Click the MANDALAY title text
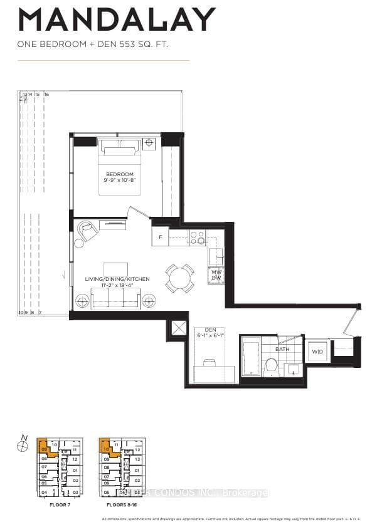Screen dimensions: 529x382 tap(117, 20)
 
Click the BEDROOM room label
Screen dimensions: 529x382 tap(119, 174)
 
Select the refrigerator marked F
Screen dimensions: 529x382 tap(160, 236)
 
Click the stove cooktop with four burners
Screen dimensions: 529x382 tap(198, 237)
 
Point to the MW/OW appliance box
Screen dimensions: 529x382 tap(216, 275)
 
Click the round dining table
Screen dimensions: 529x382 tap(179, 277)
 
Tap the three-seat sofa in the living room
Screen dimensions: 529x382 tap(115, 298)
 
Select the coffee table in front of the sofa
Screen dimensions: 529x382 tap(115, 268)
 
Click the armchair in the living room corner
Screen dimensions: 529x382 tap(88, 231)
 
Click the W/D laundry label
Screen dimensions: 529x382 tap(317, 352)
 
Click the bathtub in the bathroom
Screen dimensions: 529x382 tap(250, 357)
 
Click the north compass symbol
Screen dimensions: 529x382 tap(23, 445)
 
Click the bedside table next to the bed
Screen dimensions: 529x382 tap(149, 143)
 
